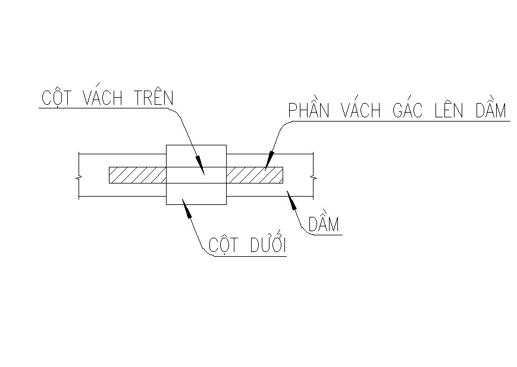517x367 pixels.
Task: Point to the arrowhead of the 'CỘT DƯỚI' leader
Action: click(186, 207)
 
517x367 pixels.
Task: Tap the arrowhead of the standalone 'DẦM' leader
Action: click(292, 200)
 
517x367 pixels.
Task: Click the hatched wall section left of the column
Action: click(137, 175)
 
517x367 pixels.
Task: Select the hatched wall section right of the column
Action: click(255, 175)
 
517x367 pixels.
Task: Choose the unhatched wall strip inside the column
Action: click(196, 175)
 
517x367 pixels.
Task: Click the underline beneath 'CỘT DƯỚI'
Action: click(250, 256)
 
